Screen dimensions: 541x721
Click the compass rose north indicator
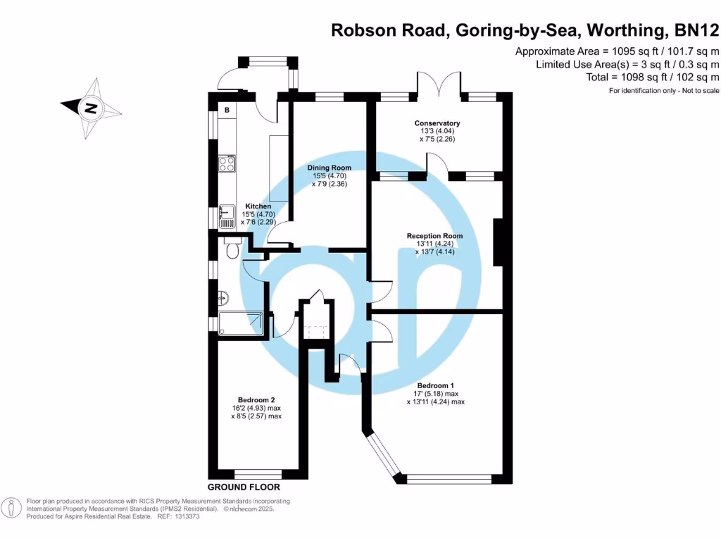91,108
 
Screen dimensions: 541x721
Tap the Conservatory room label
437,123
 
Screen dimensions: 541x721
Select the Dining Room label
330,168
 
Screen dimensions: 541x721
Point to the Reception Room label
434,236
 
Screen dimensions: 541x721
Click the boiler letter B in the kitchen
227,111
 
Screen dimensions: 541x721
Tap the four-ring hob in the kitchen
227,163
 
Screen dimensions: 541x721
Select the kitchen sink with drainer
227,216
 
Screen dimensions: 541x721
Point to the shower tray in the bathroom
240,325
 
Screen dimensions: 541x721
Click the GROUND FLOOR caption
244,487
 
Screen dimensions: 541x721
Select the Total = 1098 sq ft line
652,77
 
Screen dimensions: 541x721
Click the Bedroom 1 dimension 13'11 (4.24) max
435,402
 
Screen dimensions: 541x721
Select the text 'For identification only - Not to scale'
664,92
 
